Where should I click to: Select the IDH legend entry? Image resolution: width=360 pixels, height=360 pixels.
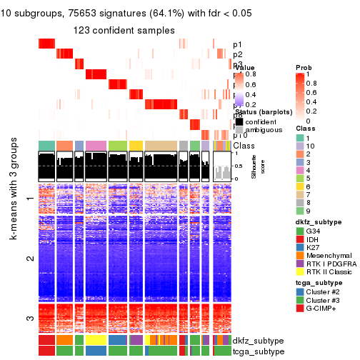point(301,241)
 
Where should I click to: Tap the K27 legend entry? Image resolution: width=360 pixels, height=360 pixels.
point(301,251)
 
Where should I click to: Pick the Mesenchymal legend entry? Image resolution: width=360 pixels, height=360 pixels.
point(301,261)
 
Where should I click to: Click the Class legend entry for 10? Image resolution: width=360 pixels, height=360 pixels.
point(301,146)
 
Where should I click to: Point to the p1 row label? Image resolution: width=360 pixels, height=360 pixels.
point(237,44)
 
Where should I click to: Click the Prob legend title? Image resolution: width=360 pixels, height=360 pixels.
point(304,67)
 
